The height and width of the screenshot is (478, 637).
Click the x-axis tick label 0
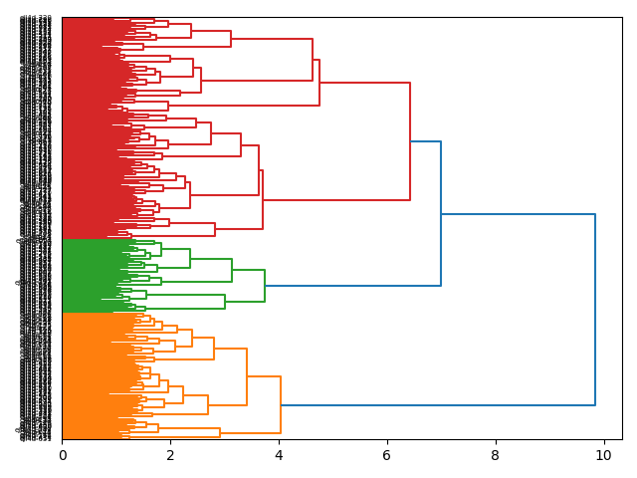click(62, 456)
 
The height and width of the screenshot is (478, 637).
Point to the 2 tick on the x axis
click(170, 456)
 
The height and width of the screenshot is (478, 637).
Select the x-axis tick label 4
click(279, 456)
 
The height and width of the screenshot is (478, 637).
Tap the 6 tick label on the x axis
click(387, 456)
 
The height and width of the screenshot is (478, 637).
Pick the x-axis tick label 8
click(496, 456)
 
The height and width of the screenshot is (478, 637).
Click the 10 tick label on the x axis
click(603, 456)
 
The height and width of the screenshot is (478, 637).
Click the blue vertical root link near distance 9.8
click(594, 309)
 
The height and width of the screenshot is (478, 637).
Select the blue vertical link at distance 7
click(441, 214)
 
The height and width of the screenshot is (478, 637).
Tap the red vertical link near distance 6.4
click(410, 141)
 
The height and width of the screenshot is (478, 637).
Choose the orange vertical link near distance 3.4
click(247, 376)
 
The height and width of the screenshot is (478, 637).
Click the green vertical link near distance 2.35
click(189, 258)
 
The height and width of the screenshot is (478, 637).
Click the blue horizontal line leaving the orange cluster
click(438, 405)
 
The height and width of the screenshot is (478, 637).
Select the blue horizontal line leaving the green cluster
click(353, 286)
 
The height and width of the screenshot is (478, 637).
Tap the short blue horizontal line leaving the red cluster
click(425, 141)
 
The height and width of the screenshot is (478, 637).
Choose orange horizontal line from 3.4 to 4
click(264, 376)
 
